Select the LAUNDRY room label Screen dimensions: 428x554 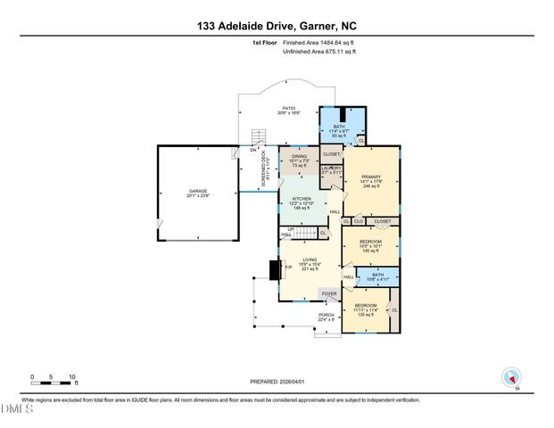[332, 168]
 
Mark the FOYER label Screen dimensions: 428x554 [329, 293]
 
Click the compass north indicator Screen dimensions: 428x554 [511, 378]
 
